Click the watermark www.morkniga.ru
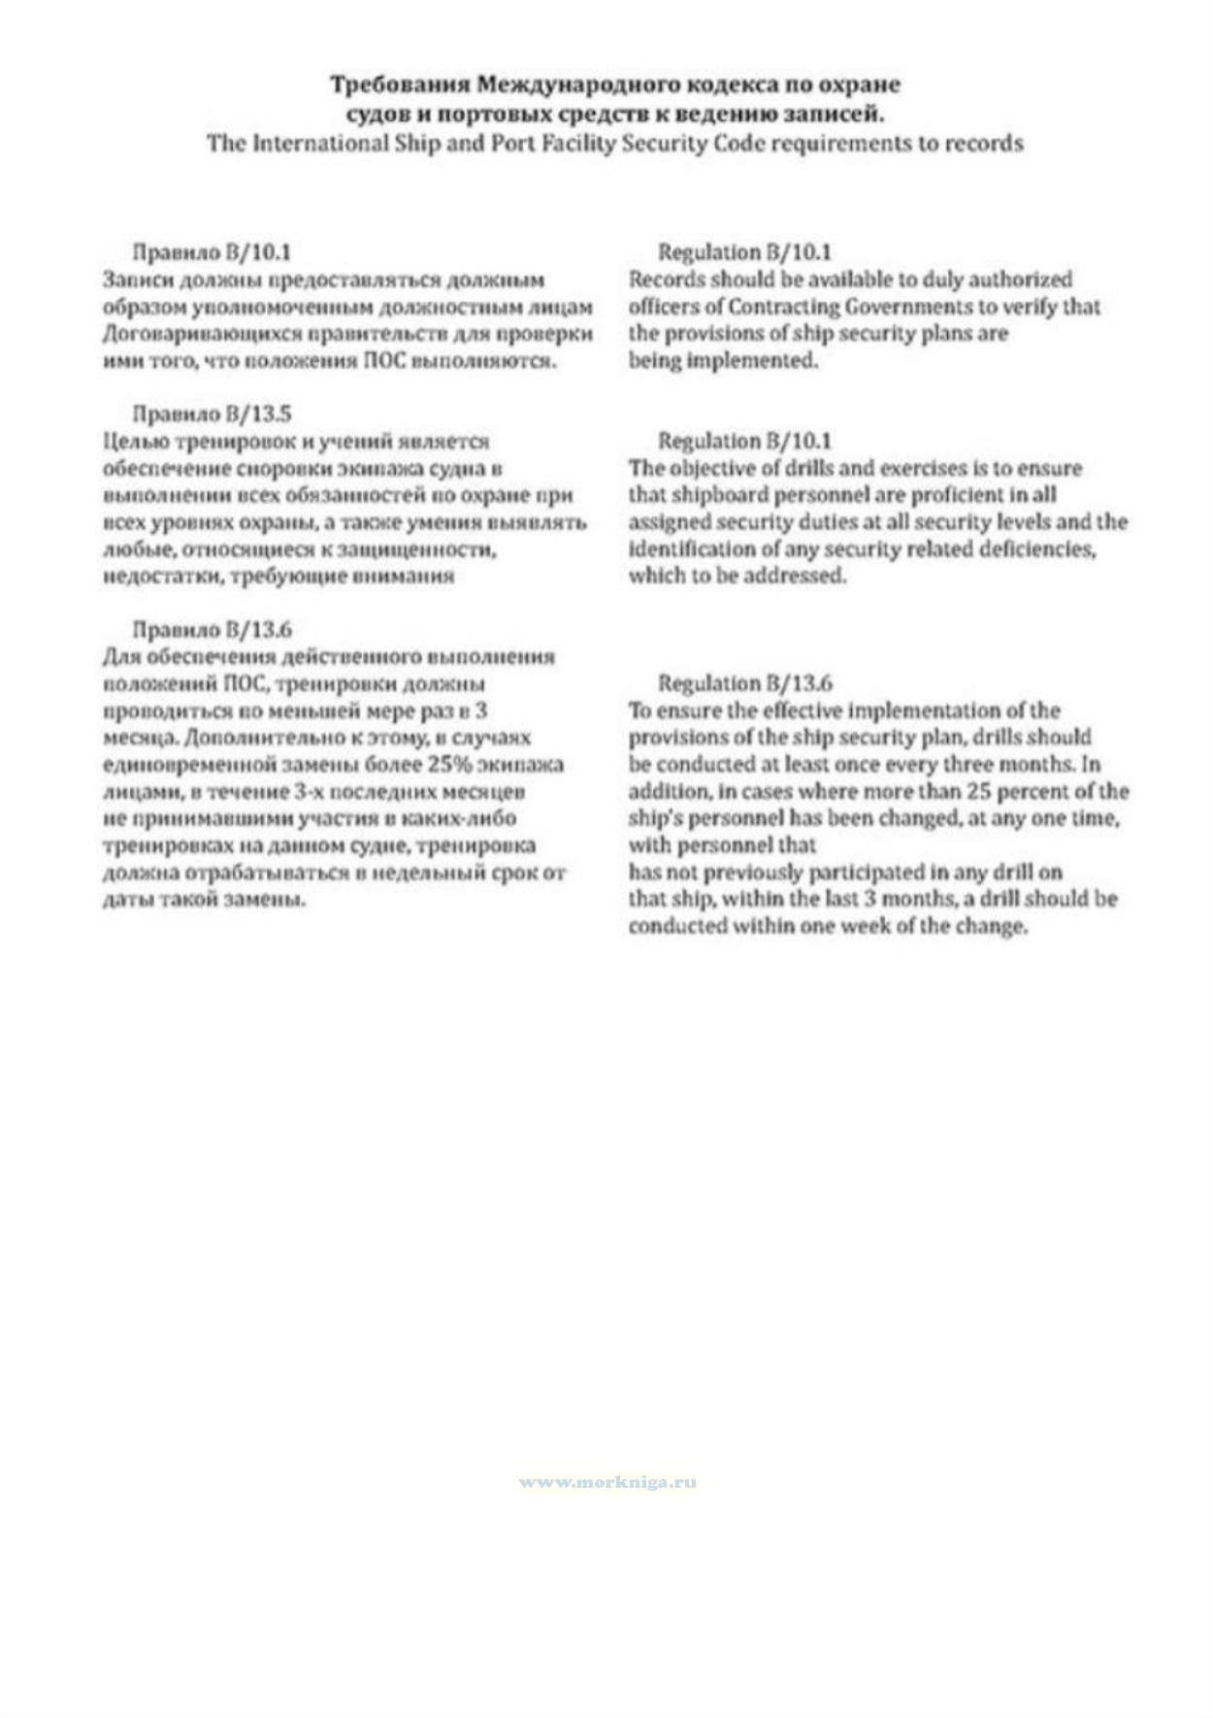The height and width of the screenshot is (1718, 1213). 607,1482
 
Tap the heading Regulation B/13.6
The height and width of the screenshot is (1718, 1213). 744,683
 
